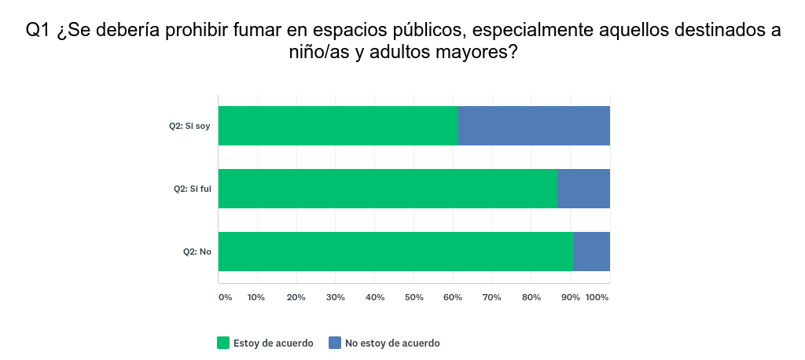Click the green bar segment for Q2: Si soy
pyautogui.click(x=338, y=126)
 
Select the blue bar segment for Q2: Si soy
pyautogui.click(x=534, y=126)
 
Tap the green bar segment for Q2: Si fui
pyautogui.click(x=388, y=189)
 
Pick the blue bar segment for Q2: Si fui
pyautogui.click(x=583, y=189)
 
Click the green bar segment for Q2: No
pyautogui.click(x=395, y=252)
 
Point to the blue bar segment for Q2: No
pyautogui.click(x=591, y=252)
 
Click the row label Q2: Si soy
pyautogui.click(x=189, y=126)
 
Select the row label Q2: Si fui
pyautogui.click(x=192, y=189)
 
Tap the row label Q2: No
pyautogui.click(x=197, y=252)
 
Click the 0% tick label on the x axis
pyautogui.click(x=225, y=297)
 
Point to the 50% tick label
pyautogui.click(x=414, y=297)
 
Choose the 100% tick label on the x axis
pyautogui.click(x=597, y=297)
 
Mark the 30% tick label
pyautogui.click(x=336, y=297)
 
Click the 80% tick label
pyautogui.click(x=531, y=297)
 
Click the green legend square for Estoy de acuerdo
pyautogui.click(x=223, y=343)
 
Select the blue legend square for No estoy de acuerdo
pyautogui.click(x=335, y=343)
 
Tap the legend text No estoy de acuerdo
pyautogui.click(x=392, y=343)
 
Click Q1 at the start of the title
pyautogui.click(x=39, y=31)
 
